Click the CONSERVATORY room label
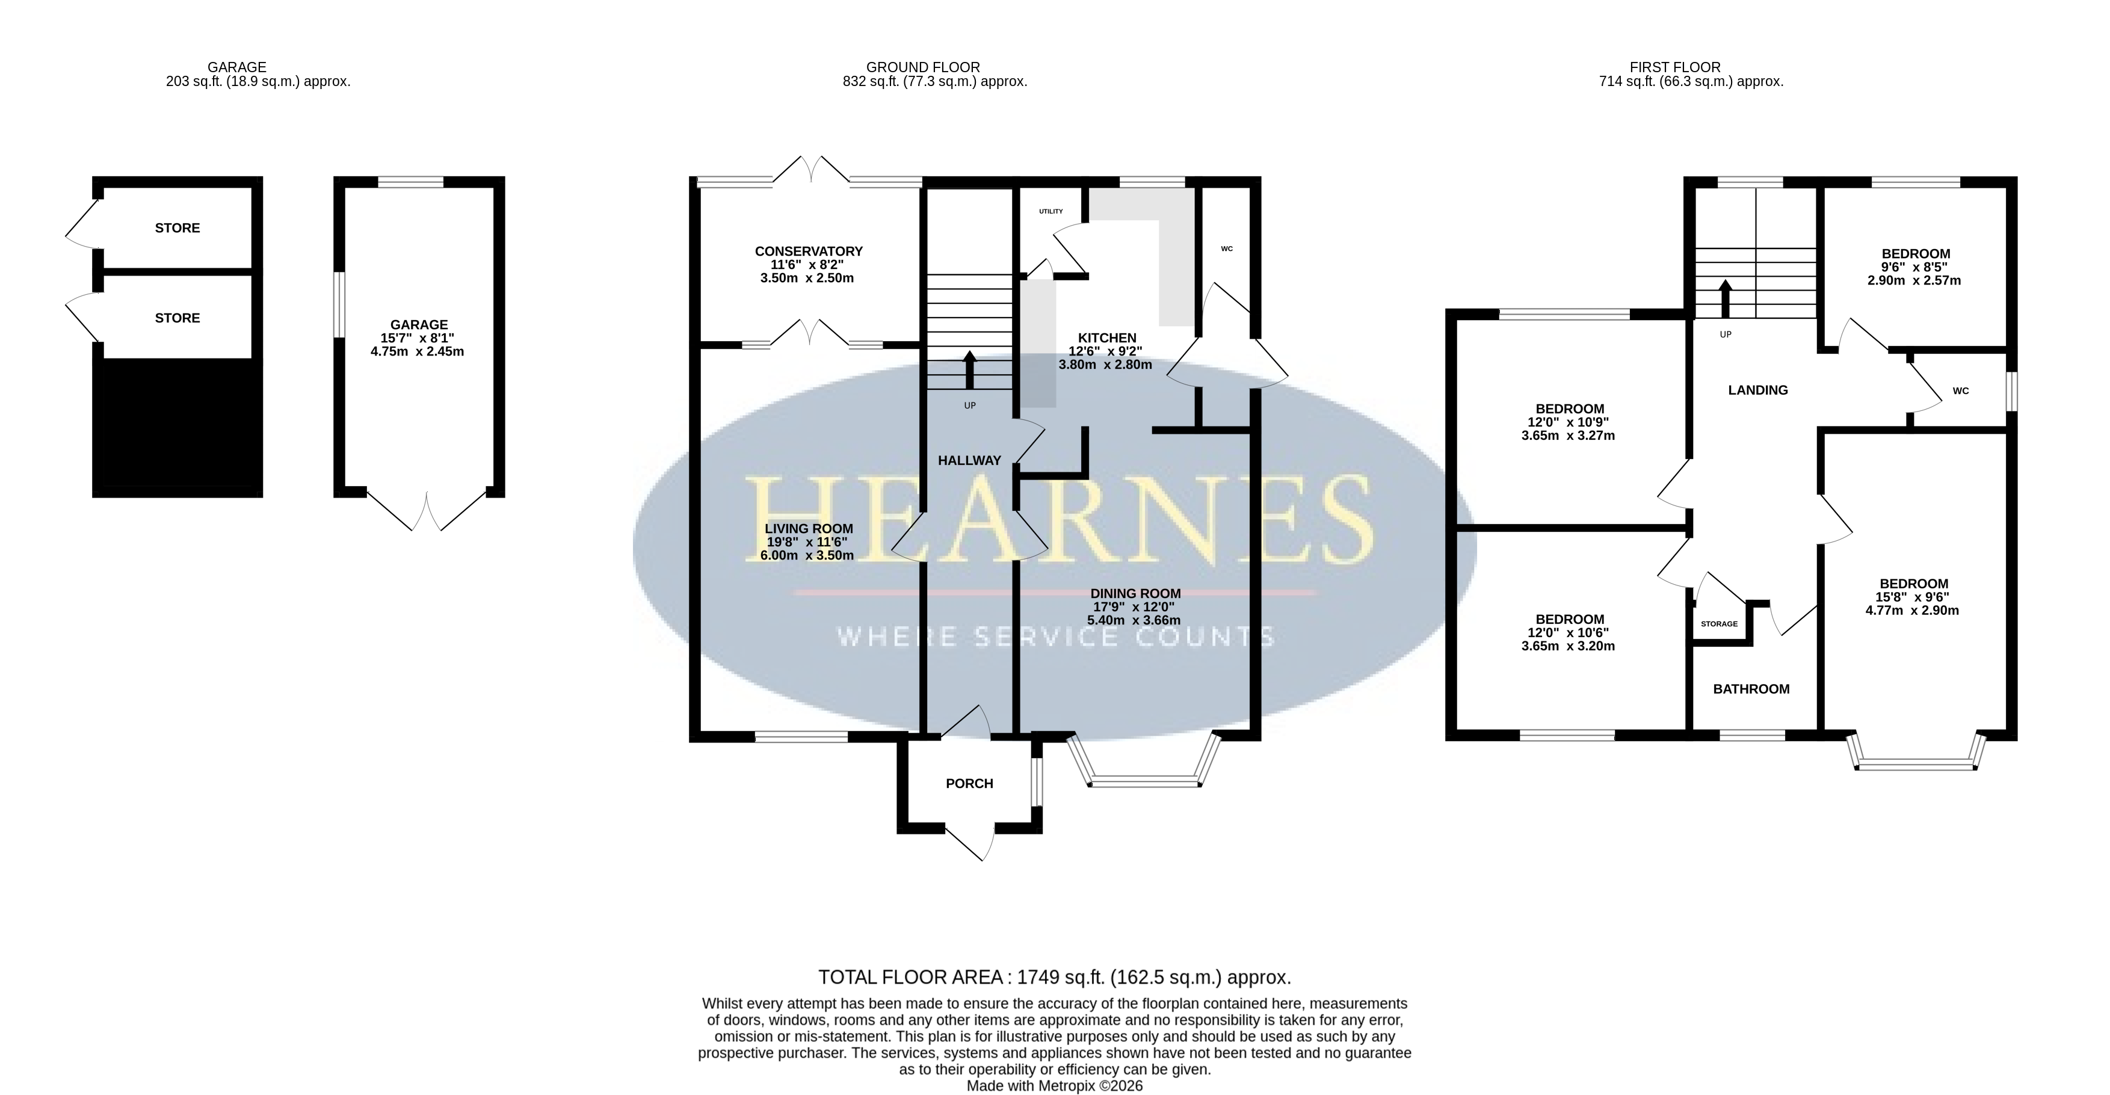coord(809,251)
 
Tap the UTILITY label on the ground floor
coord(1051,211)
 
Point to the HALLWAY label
coord(969,460)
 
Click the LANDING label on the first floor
coord(1758,390)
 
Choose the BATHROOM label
coord(1751,689)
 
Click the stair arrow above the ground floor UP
coord(970,369)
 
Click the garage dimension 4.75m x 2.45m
coord(419,351)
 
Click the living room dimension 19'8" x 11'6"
coord(807,542)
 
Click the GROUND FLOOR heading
coord(923,67)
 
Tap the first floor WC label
coord(1960,390)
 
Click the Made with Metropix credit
coord(1054,1086)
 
